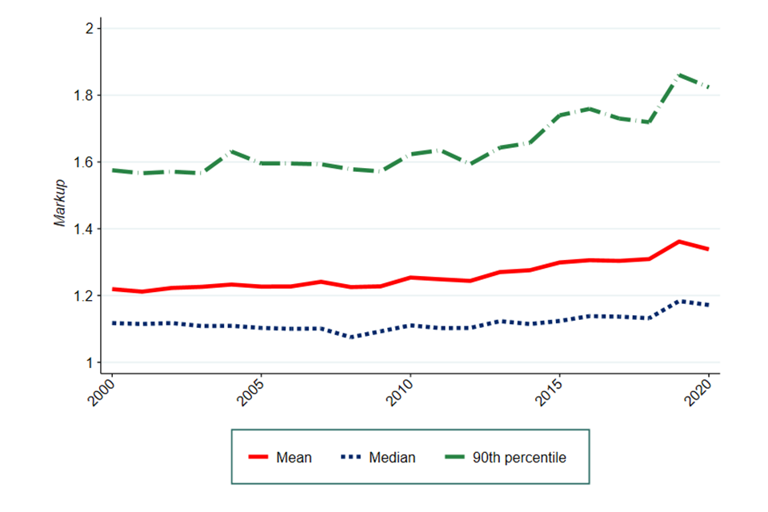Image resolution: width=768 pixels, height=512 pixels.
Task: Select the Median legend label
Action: [392, 458]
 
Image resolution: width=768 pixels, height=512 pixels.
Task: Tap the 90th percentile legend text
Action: [520, 458]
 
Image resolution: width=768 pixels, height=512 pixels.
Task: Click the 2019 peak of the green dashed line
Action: [679, 75]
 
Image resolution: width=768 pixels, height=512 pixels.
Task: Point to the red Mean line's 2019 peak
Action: [679, 242]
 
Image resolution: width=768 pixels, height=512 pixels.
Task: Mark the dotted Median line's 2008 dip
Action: [350, 338]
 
